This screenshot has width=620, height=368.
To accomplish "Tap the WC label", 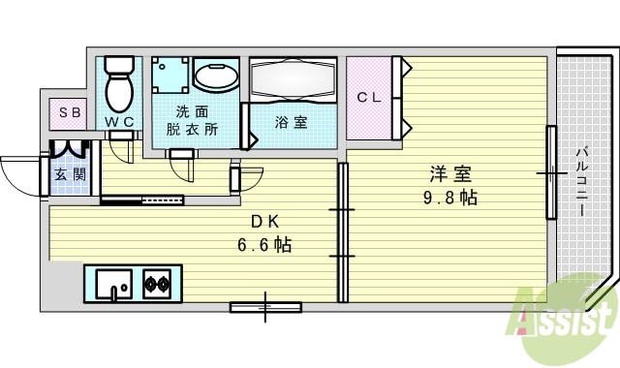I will pos(120,122).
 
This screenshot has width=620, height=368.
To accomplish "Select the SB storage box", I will pos(70,112).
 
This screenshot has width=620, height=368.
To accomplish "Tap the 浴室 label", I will pos(292,123).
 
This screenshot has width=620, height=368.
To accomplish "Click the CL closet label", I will pos(368,97).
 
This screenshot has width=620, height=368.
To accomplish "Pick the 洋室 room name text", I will pos(450,175).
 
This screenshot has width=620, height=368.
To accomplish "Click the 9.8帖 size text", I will pos(449,198).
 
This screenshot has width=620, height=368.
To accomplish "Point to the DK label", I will pos(264,221).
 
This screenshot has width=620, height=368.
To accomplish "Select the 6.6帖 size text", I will pos(264,244).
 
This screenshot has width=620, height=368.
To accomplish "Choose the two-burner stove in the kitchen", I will pos(158,284).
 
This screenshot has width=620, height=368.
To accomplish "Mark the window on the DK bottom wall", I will pos(265,308).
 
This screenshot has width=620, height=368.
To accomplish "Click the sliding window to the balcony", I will pos(550,173).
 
